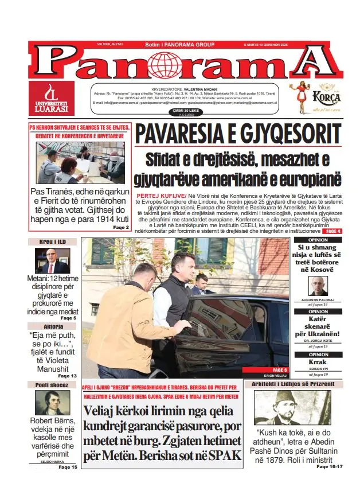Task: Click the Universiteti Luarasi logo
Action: [x=52, y=98]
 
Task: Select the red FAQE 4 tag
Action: [x=330, y=231]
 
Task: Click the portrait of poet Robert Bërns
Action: [x=52, y=403]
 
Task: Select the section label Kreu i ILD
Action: [x=53, y=241]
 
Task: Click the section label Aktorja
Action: [x=53, y=326]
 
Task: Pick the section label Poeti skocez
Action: [x=53, y=385]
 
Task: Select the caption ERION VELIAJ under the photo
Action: [x=273, y=375]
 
